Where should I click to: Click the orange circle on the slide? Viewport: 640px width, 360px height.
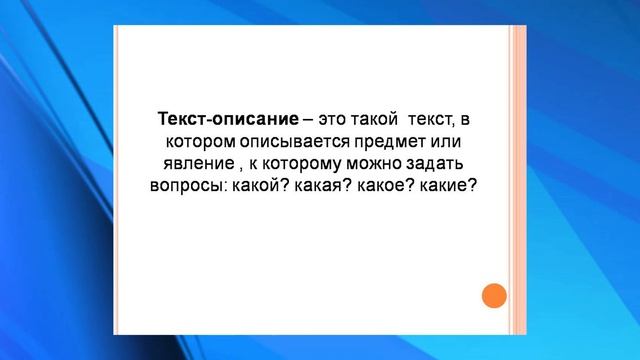point(494,296)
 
